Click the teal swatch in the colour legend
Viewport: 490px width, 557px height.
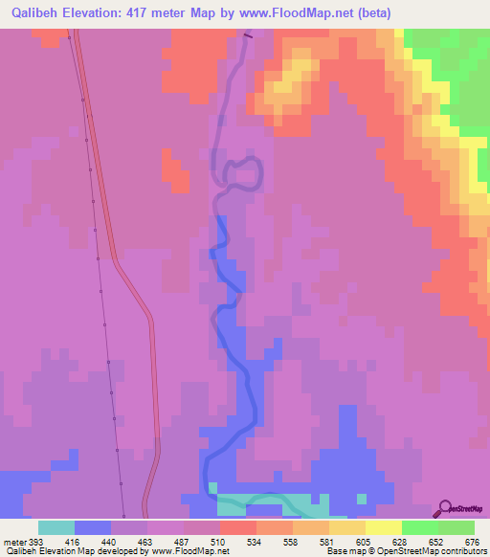click(56, 527)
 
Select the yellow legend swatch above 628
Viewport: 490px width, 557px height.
click(383, 527)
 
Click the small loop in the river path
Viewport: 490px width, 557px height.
click(243, 174)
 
